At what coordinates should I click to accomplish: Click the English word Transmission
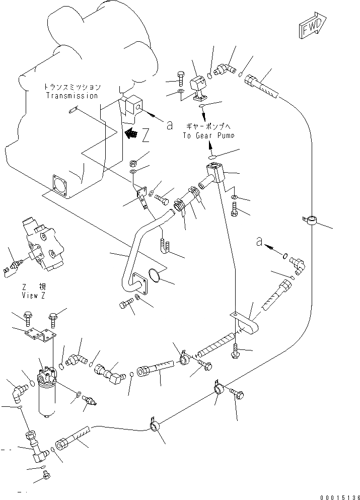(x=71, y=95)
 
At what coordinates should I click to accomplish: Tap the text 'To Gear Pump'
(x=208, y=135)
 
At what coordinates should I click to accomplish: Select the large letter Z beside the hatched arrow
(x=146, y=135)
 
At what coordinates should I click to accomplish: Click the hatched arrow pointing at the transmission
(x=131, y=132)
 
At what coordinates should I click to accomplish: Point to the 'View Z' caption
(x=33, y=295)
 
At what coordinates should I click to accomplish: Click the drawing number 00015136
(x=340, y=497)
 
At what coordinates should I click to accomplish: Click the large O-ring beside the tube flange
(x=155, y=275)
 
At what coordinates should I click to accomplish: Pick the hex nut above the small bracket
(x=133, y=164)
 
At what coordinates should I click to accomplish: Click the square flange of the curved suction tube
(x=139, y=282)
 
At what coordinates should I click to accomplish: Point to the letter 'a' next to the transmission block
(x=170, y=125)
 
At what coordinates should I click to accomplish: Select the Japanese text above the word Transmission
(x=72, y=87)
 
